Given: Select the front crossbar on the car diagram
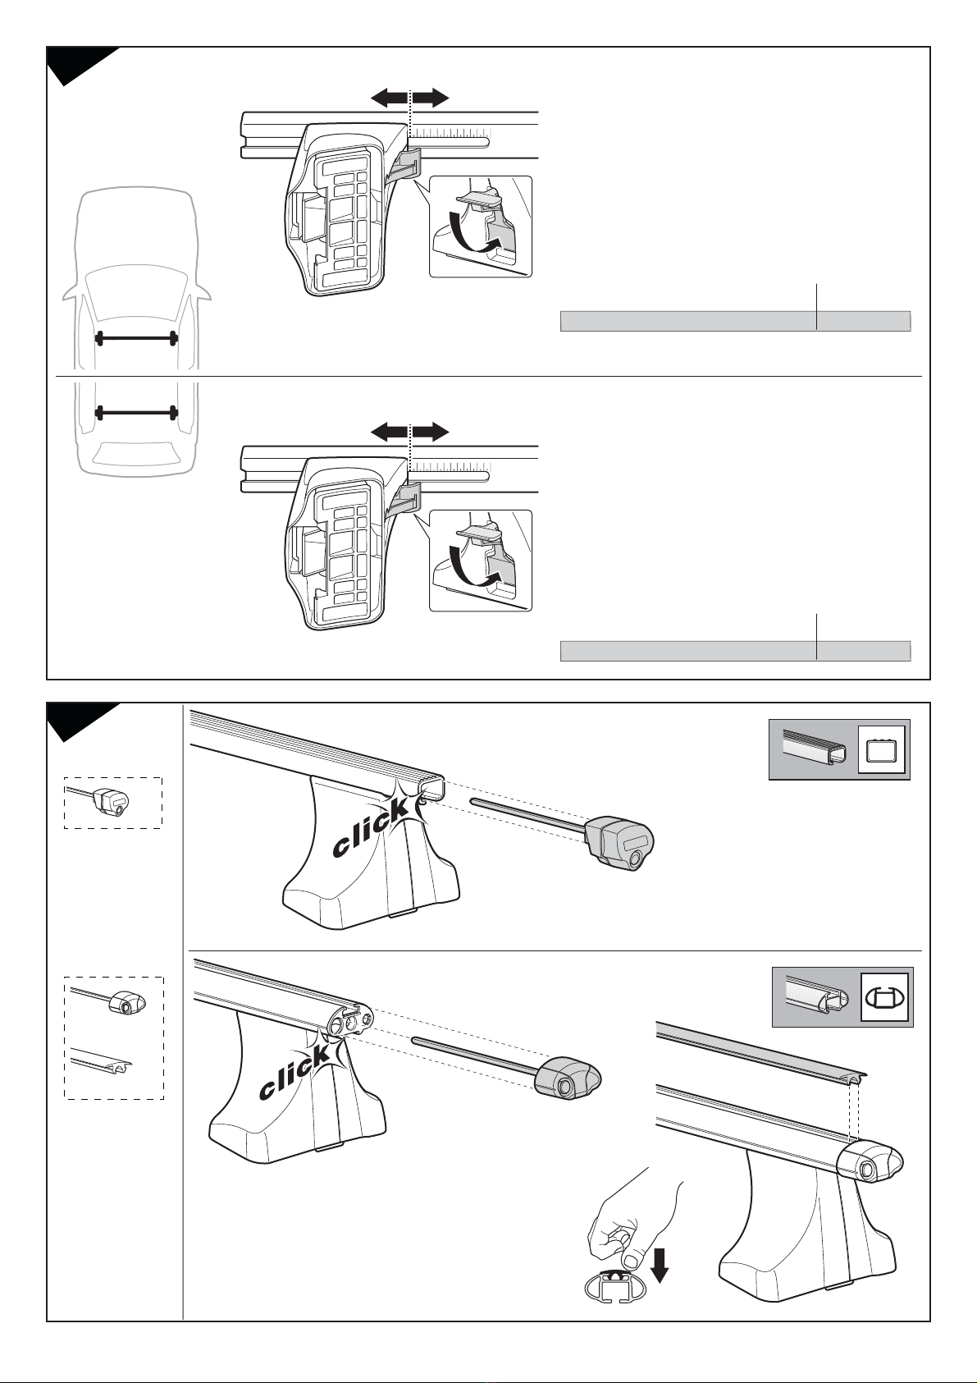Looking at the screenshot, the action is (x=136, y=337).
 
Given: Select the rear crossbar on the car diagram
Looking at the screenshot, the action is (x=136, y=412).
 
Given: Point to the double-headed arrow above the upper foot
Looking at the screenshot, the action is (x=409, y=98).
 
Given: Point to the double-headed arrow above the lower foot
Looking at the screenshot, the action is (x=409, y=432).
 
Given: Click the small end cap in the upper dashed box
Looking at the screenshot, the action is (x=111, y=802).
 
